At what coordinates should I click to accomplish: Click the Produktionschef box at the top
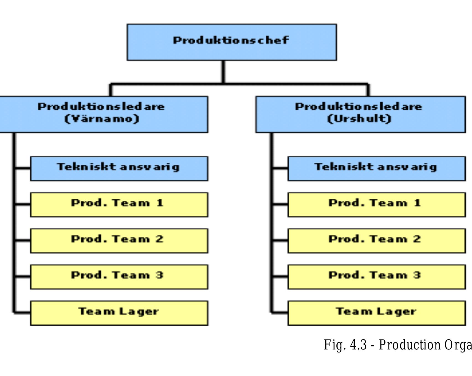click(x=232, y=42)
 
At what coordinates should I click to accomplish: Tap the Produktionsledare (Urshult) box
click(x=361, y=114)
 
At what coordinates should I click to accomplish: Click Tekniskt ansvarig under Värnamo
click(x=119, y=168)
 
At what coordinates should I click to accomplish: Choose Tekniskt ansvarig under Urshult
click(x=377, y=168)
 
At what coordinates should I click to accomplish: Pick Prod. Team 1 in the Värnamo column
click(x=119, y=205)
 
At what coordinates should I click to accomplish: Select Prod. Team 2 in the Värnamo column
click(x=119, y=241)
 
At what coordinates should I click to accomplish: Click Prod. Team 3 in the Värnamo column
click(x=119, y=277)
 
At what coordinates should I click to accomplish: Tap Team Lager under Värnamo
click(x=119, y=313)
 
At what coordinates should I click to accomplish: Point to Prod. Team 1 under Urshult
click(x=377, y=205)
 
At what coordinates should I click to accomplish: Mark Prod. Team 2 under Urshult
click(x=377, y=241)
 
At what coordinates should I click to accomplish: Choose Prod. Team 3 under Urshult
click(x=377, y=277)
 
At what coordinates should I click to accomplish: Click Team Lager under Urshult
click(x=377, y=313)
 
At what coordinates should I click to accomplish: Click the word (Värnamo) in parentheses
click(x=102, y=119)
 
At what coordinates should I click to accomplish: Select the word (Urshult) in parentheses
click(x=359, y=119)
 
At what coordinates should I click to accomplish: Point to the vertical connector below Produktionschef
click(x=223, y=71)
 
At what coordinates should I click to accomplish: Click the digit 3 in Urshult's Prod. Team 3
click(x=417, y=275)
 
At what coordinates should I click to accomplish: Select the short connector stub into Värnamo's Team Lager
click(x=22, y=313)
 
